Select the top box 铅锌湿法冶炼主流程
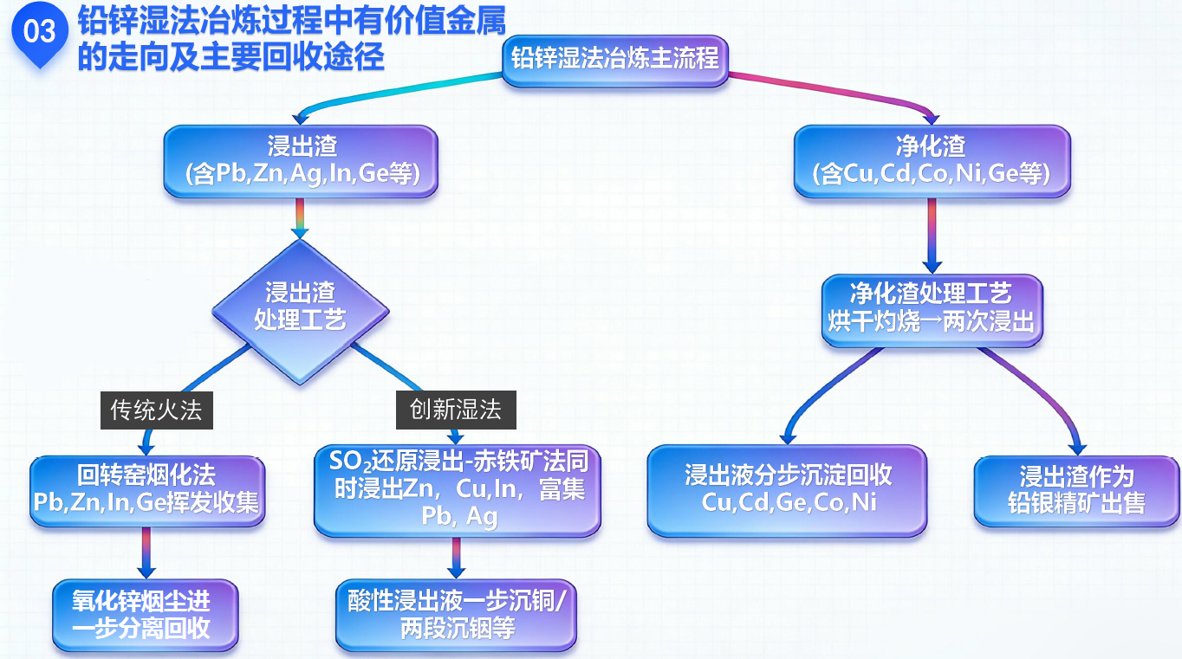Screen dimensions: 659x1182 click(x=614, y=59)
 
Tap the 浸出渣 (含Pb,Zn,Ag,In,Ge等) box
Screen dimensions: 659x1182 click(x=301, y=160)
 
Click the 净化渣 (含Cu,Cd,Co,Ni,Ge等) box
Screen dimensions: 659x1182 click(x=931, y=160)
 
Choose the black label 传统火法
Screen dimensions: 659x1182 click(x=156, y=409)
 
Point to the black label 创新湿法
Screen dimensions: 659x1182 click(x=456, y=409)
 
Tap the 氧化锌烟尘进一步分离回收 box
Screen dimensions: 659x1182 click(x=144, y=614)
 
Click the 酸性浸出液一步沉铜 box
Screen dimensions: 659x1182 click(x=456, y=614)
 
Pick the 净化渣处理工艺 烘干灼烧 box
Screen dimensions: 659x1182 click(x=931, y=308)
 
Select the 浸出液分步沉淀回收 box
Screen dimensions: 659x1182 click(x=787, y=489)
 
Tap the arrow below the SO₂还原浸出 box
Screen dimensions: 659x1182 click(x=456, y=558)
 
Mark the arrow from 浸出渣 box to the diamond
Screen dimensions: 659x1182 click(x=300, y=220)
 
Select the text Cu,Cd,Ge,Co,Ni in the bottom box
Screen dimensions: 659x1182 click(x=787, y=503)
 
